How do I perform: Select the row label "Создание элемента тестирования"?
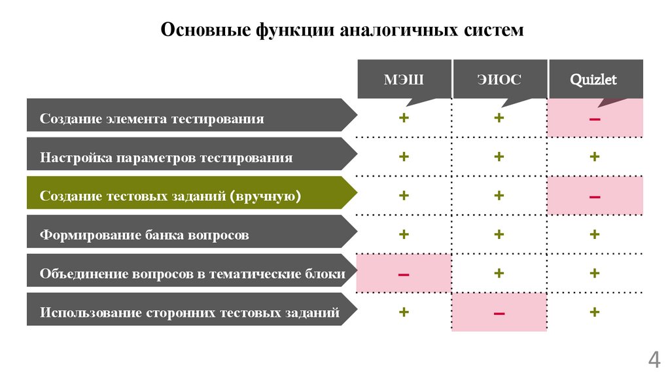click(152, 118)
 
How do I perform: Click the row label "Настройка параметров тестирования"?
click(167, 157)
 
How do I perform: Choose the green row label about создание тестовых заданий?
click(171, 196)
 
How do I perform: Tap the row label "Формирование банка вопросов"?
click(145, 234)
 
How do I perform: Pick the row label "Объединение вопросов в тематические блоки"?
click(192, 274)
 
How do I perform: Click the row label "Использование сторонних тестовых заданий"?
click(190, 312)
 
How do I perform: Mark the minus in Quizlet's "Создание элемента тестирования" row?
click(595, 118)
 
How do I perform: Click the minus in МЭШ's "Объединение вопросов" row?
click(404, 274)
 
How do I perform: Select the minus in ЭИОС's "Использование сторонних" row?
click(499, 313)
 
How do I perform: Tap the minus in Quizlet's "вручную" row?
click(595, 196)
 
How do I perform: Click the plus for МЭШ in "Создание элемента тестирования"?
click(404, 118)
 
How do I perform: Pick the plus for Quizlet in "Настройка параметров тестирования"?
click(595, 157)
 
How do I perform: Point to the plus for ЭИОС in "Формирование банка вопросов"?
click(499, 234)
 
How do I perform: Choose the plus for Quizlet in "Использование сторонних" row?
click(595, 312)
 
